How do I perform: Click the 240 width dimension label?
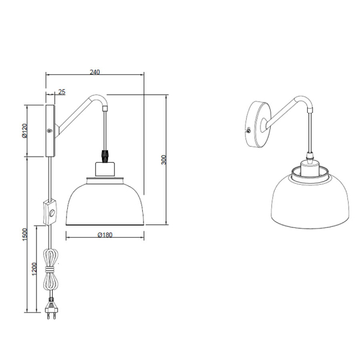(95, 72)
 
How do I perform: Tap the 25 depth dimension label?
(62, 92)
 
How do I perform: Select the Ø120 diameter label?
(25, 131)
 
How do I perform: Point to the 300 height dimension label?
(163, 160)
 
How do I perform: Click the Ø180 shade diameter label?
(105, 235)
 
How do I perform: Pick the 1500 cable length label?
(25, 235)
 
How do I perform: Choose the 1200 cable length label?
(34, 269)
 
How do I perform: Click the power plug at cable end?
(51, 308)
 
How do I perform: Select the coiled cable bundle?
(51, 269)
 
